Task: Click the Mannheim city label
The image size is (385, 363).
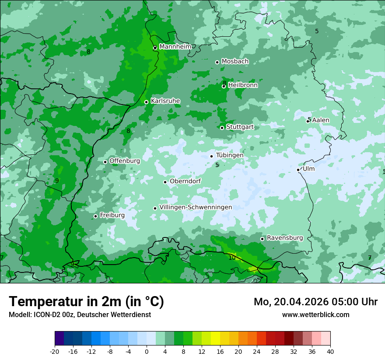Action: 175,46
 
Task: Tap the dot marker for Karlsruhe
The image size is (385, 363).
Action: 147,102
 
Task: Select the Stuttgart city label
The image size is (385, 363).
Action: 240,127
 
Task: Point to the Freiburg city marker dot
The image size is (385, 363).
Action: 95,216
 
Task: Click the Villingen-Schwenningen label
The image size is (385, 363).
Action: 196,207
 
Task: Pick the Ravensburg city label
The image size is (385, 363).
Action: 285,238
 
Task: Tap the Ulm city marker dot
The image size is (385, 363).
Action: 298,170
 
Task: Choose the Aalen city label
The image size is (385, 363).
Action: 321,120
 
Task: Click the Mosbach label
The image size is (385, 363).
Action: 235,62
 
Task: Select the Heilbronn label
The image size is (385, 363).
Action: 243,85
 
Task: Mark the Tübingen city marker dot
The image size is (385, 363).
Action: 212,156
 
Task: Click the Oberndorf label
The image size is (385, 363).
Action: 185,181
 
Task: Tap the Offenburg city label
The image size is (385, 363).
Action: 125,161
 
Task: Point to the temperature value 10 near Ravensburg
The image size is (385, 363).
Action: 232,258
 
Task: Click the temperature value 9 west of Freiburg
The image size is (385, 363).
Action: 57,181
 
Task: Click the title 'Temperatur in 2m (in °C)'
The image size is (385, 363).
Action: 86,301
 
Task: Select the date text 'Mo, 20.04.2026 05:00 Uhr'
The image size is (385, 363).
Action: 315,302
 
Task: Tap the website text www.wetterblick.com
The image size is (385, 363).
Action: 315,314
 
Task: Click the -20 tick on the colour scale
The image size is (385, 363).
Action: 55,351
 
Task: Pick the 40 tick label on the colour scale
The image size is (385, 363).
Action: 330,351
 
